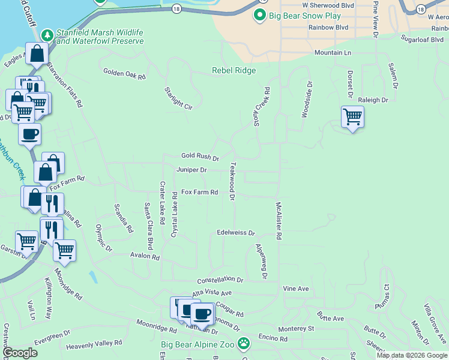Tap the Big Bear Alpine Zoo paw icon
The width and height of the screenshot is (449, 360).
244,344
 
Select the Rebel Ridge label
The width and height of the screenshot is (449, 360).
234,70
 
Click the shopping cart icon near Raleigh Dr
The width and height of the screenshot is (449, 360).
352,116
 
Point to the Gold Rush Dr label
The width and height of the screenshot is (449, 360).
200,156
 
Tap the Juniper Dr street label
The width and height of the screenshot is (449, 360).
191,170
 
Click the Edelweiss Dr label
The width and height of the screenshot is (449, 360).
236,232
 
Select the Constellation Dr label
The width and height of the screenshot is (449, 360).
220,280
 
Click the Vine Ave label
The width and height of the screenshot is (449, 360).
296,289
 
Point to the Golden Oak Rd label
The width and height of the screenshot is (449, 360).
125,74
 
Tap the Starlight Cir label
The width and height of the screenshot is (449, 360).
178,98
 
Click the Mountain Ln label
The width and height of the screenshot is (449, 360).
333,53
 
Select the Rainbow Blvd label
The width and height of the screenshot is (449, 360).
328,28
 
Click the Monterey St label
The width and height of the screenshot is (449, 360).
297,329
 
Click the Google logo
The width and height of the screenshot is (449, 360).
20,353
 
